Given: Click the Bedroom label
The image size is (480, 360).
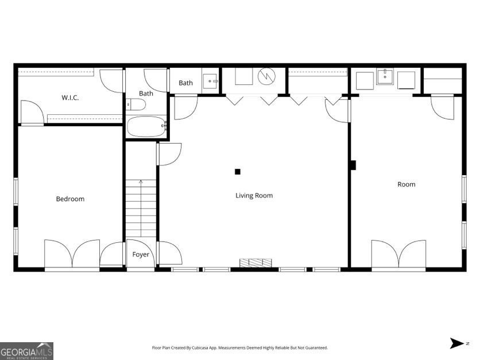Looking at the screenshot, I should click(x=70, y=199).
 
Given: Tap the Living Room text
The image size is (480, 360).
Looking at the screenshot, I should click(x=254, y=196).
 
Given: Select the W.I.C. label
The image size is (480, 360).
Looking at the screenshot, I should click(x=70, y=98).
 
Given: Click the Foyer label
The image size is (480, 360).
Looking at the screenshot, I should click(x=141, y=254).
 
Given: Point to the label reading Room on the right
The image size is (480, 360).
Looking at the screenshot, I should click(x=406, y=184).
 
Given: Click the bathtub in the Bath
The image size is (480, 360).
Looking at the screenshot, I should click(x=146, y=126).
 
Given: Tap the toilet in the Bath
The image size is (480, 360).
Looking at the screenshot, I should click(x=136, y=104).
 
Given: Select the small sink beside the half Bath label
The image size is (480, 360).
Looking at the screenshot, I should click(x=210, y=81).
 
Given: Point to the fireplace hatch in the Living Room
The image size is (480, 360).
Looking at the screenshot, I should click(x=256, y=262).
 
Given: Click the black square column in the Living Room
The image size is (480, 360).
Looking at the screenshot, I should click(x=238, y=171).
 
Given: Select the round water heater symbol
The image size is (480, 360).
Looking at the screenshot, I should click(x=267, y=76).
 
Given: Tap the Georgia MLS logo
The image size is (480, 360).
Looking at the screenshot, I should click(x=26, y=350).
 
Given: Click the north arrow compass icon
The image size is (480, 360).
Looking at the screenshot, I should click(x=458, y=343).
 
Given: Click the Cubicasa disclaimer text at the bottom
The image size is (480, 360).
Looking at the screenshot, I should click(x=239, y=348).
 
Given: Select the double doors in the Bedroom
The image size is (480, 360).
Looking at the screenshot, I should click(x=72, y=254).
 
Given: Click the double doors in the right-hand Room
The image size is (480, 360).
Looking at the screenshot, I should click(x=398, y=254).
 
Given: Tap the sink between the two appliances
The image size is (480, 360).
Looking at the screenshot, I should click(x=385, y=78).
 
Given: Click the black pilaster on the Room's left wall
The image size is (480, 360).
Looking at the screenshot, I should click(x=353, y=165).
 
